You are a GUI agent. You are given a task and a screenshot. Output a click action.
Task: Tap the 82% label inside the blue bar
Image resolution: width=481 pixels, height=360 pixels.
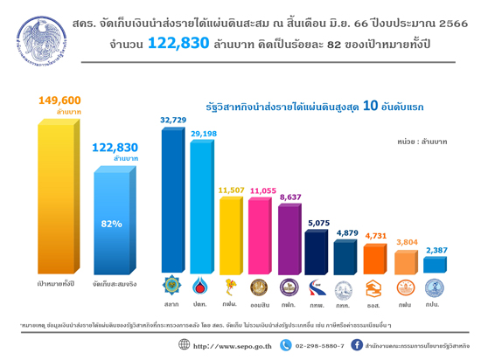click(x=112, y=225)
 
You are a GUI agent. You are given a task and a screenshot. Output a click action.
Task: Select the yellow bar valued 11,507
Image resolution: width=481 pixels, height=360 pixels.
click(x=232, y=235)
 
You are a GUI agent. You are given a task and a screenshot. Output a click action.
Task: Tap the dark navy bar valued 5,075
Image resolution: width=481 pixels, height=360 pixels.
click(x=317, y=252)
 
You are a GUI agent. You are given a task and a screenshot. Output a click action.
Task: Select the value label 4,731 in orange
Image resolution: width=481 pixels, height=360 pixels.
click(x=376, y=234)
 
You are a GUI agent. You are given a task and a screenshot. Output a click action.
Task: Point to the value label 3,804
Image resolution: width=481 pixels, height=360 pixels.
click(x=405, y=242)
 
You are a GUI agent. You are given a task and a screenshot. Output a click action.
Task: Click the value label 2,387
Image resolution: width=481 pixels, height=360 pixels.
click(x=435, y=251)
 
